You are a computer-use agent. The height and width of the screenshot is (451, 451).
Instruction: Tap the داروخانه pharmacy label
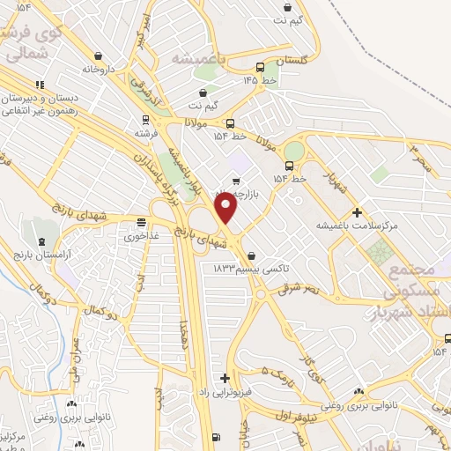click(x=100, y=68)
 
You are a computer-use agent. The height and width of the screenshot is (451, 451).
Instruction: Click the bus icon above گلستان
click(x=260, y=67)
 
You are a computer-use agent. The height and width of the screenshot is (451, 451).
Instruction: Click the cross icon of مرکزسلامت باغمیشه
click(x=357, y=212)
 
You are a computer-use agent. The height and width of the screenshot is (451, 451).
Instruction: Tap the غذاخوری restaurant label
click(x=141, y=235)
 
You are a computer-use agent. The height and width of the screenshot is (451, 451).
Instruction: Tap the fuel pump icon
click(x=217, y=437)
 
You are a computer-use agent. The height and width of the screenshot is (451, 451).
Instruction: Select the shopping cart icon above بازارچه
click(x=235, y=181)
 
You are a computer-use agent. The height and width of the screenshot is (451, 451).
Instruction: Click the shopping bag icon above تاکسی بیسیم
click(x=253, y=255)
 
